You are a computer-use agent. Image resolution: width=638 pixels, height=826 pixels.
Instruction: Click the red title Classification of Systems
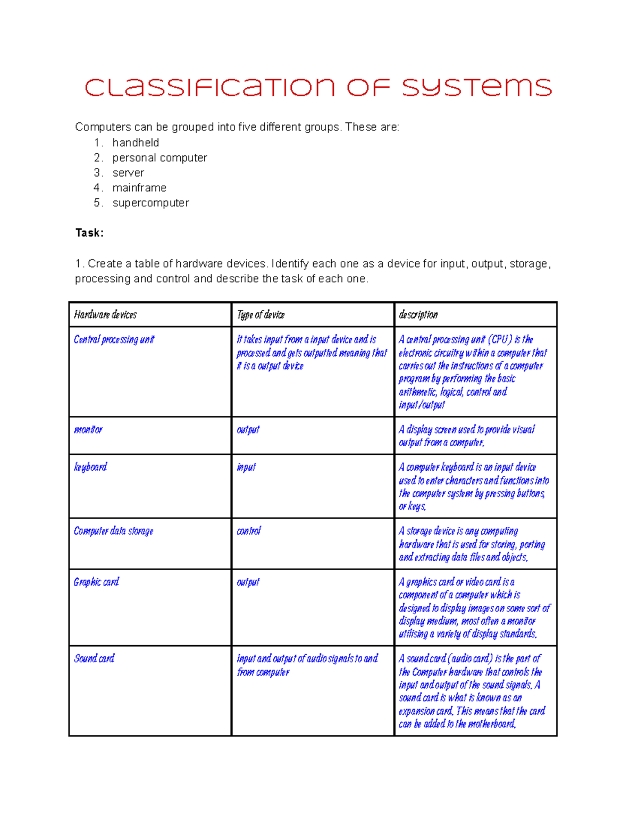point(318,88)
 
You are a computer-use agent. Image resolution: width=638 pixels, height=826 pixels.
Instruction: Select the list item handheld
point(136,143)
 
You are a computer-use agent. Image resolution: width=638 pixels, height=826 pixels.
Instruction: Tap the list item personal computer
point(159,158)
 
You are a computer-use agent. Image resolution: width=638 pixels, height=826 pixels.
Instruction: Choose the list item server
point(128,173)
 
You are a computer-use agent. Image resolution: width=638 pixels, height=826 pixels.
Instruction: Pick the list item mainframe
point(139,188)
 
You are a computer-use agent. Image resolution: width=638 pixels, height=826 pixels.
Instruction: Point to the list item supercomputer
point(150,203)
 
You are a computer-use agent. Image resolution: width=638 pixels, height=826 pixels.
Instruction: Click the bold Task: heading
point(89,233)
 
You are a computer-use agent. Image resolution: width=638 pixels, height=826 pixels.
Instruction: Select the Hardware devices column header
point(105,315)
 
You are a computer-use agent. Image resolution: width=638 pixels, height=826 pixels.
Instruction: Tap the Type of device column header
point(261,315)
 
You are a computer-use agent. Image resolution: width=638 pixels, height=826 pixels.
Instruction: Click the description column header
point(418,315)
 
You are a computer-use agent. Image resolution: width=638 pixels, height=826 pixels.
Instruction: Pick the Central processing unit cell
point(114,339)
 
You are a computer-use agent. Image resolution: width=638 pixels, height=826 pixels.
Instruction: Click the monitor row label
point(88,430)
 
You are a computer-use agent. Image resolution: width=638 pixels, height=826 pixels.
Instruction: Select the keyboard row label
point(90,467)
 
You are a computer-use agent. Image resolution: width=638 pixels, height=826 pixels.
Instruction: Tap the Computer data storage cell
point(113,531)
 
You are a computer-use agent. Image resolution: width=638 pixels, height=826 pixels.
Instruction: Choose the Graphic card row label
point(96,582)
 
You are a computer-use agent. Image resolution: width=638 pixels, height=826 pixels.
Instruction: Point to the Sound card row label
point(94,658)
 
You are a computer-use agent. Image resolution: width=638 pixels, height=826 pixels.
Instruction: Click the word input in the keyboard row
point(246,467)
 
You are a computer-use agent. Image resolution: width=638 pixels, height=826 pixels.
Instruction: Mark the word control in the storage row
point(249,531)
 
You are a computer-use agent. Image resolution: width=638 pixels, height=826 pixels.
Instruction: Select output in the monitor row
point(248,430)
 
